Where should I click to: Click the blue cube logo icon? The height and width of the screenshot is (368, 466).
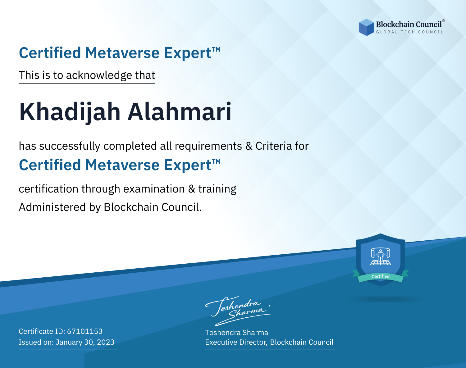tap(366, 27)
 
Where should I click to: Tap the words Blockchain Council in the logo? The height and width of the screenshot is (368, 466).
tap(409, 25)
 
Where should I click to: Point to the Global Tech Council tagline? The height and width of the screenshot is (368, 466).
tap(410, 32)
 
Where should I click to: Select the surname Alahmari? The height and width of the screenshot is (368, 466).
tap(180, 111)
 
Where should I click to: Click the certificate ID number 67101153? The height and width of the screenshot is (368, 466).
tap(85, 331)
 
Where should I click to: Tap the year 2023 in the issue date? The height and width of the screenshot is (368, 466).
tap(106, 342)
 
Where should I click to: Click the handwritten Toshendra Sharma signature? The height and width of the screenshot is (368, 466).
tap(239, 311)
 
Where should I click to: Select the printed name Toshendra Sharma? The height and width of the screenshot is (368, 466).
tap(236, 333)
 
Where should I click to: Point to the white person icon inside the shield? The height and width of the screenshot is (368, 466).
tap(381, 256)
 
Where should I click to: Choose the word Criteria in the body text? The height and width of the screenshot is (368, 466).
tap(273, 146)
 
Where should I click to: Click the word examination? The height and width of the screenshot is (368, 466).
tap(154, 189)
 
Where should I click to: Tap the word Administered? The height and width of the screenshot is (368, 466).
tap(52, 207)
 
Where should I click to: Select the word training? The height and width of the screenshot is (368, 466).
tap(217, 189)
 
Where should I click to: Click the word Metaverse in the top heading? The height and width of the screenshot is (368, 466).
tap(122, 53)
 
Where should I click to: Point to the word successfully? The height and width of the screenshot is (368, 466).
tap(70, 146)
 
